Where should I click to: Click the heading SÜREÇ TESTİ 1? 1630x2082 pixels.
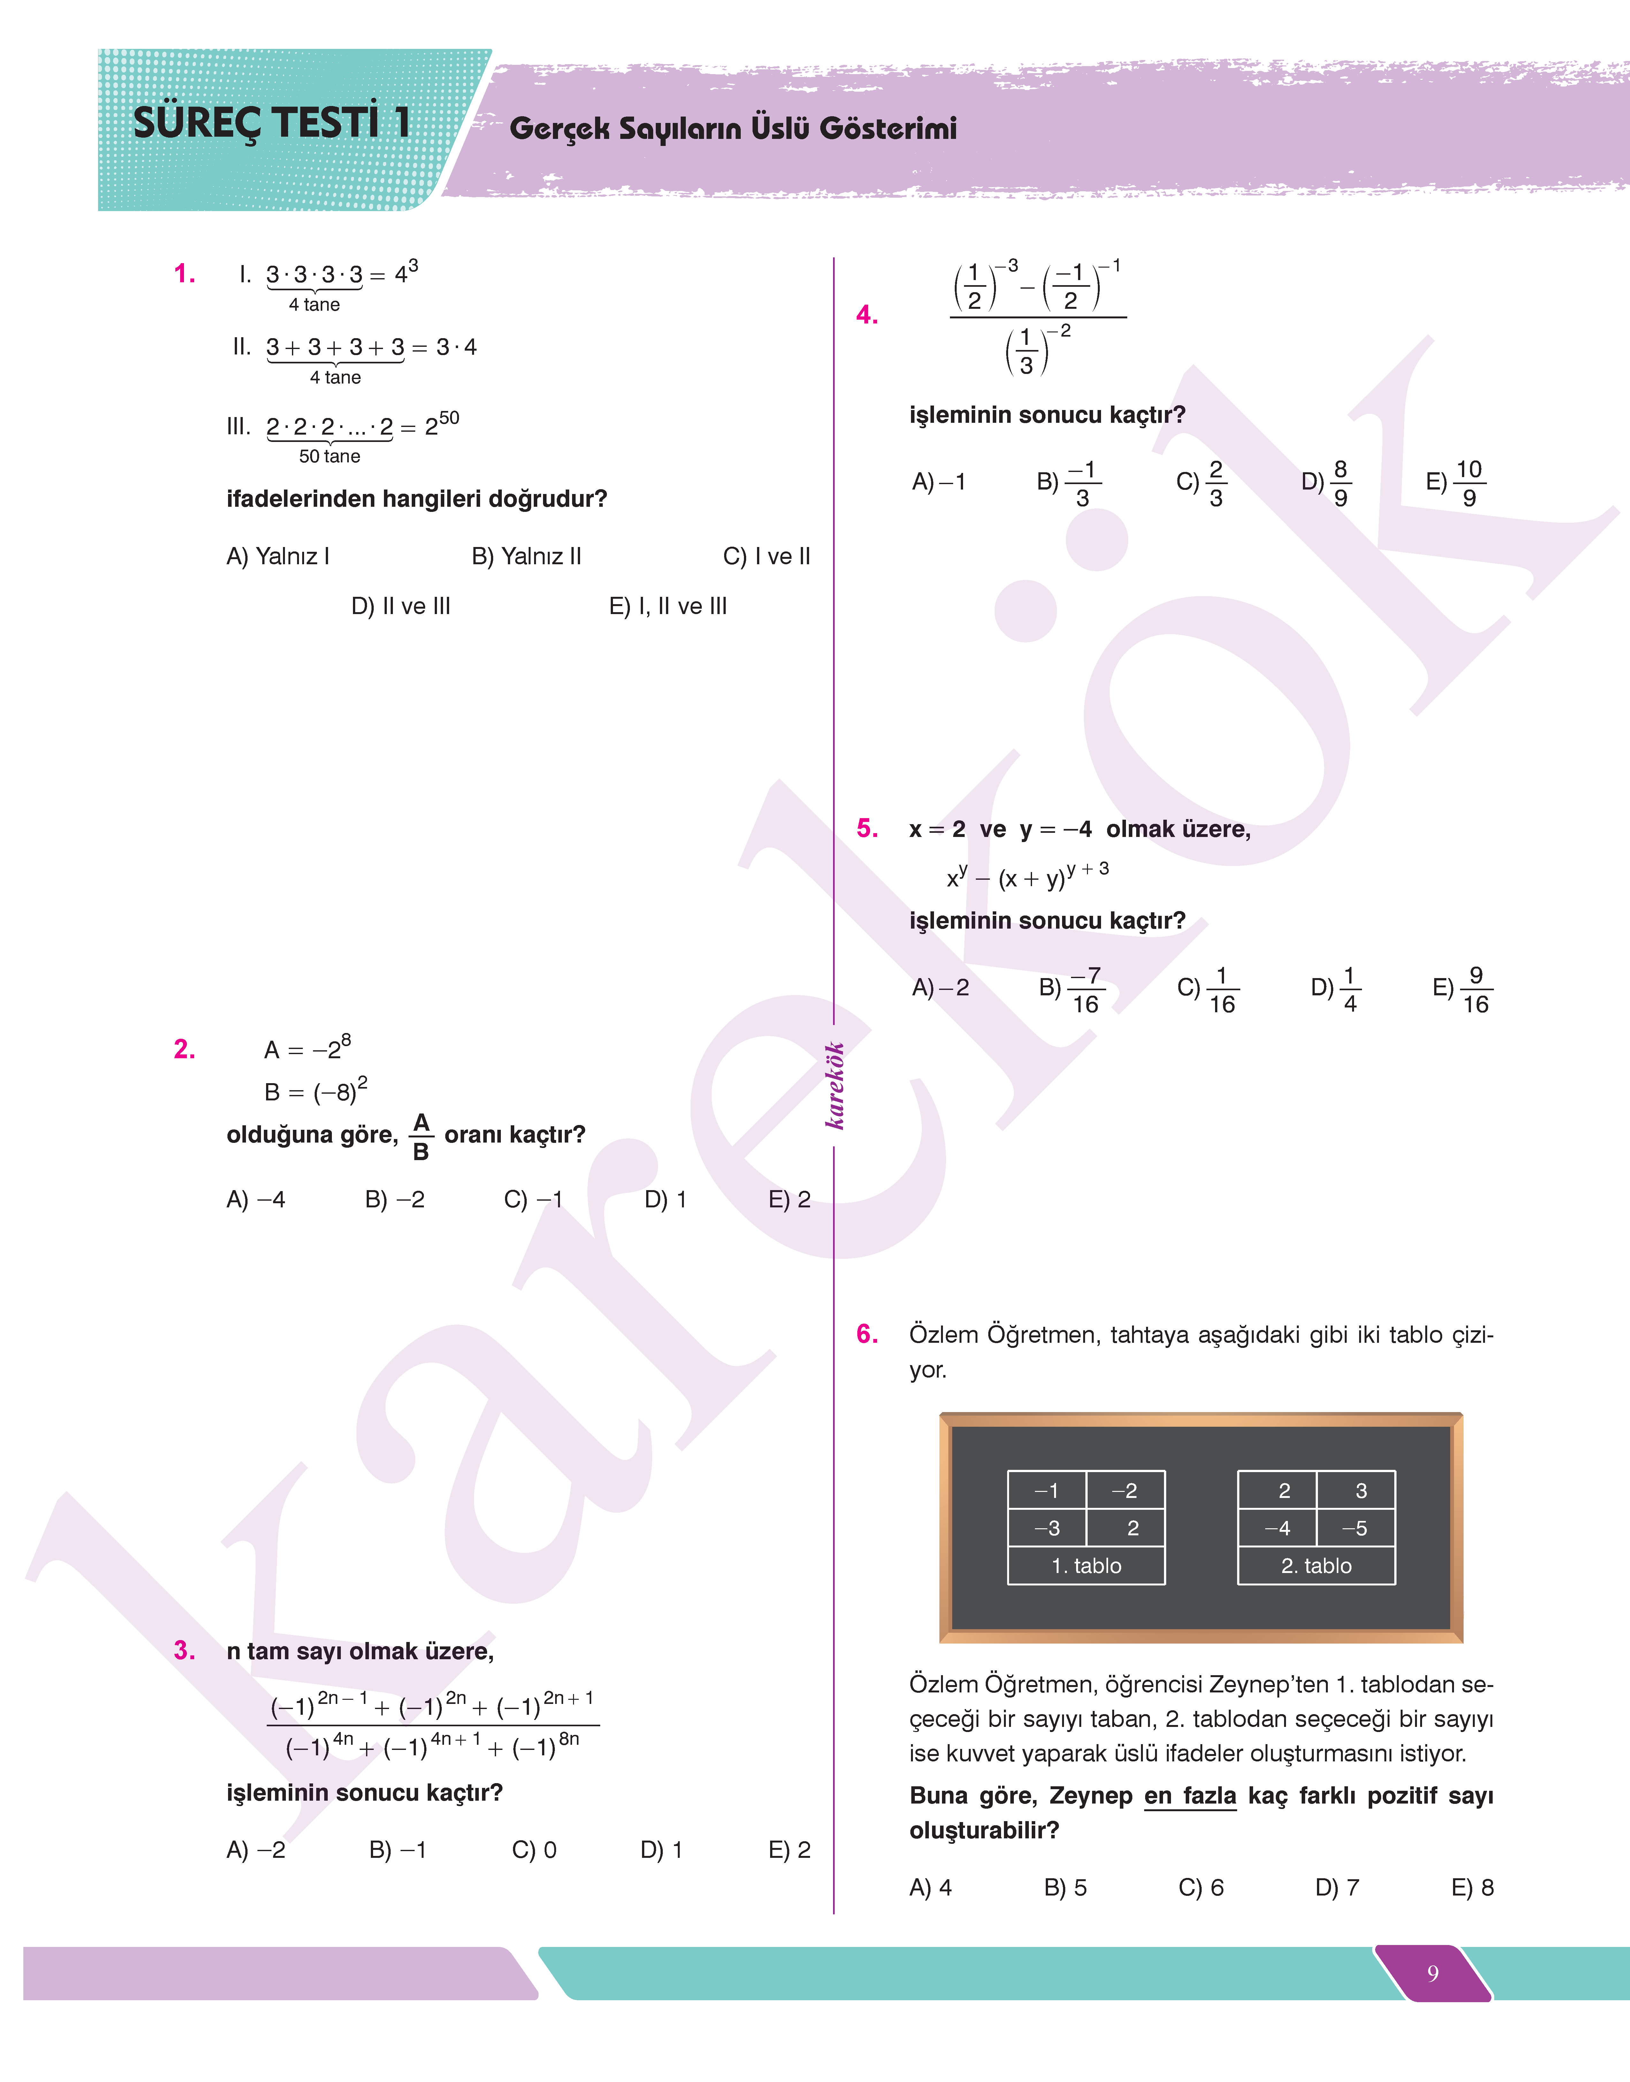(272, 123)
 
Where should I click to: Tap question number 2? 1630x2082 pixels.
(184, 1050)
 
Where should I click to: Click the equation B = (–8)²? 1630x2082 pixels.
(315, 1090)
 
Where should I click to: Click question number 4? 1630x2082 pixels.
(867, 315)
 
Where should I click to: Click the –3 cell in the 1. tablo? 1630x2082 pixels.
(1047, 1528)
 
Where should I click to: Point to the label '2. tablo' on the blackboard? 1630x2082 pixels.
(1316, 1566)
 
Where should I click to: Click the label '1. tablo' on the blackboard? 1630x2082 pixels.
(1086, 1566)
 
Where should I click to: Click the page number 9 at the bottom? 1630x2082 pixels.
(1433, 1973)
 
